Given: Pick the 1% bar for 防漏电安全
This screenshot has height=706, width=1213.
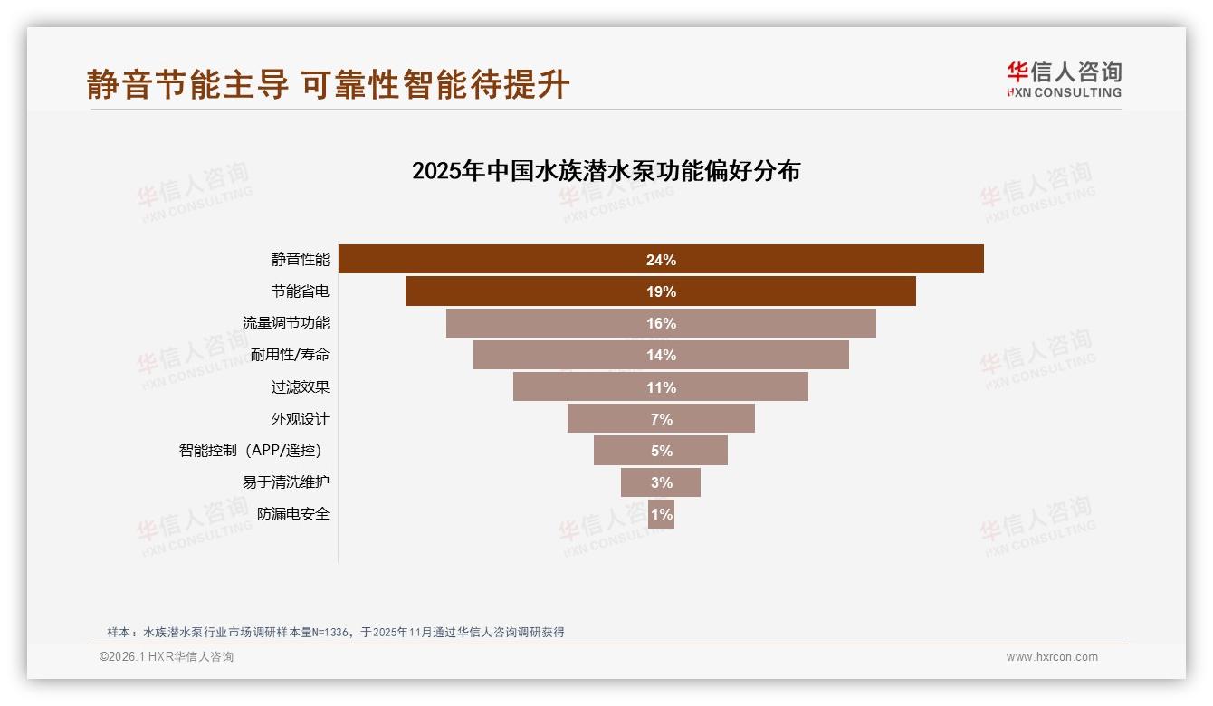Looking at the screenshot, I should pyautogui.click(x=661, y=514).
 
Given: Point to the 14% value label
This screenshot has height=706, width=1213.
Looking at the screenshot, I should pyautogui.click(x=661, y=355).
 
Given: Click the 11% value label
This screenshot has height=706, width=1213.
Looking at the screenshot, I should pyautogui.click(x=661, y=387).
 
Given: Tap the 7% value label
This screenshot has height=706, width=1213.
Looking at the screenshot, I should pyautogui.click(x=661, y=419).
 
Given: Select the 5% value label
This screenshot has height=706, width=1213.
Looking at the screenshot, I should pyautogui.click(x=661, y=451).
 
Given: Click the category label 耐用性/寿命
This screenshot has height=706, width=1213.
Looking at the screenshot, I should pyautogui.click(x=290, y=355).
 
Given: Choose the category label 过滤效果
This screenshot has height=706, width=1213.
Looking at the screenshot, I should pyautogui.click(x=300, y=387).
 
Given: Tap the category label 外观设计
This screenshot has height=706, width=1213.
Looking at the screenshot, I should pyautogui.click(x=300, y=419).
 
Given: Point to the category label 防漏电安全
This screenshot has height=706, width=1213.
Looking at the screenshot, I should pyautogui.click(x=292, y=514).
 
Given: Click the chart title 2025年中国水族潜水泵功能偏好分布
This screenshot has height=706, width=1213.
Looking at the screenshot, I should pyautogui.click(x=606, y=171).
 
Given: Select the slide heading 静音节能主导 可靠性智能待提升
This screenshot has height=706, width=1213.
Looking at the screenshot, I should pyautogui.click(x=328, y=84).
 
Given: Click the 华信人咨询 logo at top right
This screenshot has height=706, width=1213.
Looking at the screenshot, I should pyautogui.click(x=1064, y=79).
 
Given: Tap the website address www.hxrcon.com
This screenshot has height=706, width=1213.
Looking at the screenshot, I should pyautogui.click(x=1051, y=657).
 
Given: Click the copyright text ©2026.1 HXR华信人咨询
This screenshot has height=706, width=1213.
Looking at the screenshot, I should pyautogui.click(x=166, y=657).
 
